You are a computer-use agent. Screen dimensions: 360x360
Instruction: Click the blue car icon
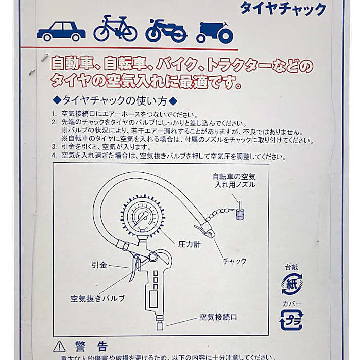coord(61,31)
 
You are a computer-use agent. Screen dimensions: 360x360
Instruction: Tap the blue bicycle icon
coord(115,29)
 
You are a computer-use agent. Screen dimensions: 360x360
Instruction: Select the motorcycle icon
coord(166,31)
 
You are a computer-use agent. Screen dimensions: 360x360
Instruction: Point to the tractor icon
coord(216,32)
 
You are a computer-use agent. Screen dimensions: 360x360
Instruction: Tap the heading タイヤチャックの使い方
coord(116,99)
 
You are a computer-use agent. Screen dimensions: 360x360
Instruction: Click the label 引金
coord(99,265)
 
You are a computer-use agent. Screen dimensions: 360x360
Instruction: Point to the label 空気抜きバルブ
coord(97,298)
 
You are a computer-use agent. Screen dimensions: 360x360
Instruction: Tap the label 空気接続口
coord(218,317)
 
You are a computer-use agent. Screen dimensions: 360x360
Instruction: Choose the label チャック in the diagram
coord(235,261)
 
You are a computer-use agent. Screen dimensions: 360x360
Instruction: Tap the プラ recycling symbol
coord(291,319)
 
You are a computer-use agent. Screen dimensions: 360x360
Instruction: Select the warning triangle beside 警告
coord(60,347)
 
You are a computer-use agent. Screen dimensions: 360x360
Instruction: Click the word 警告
coord(91,347)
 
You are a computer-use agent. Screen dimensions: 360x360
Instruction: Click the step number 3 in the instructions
coord(55,147)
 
